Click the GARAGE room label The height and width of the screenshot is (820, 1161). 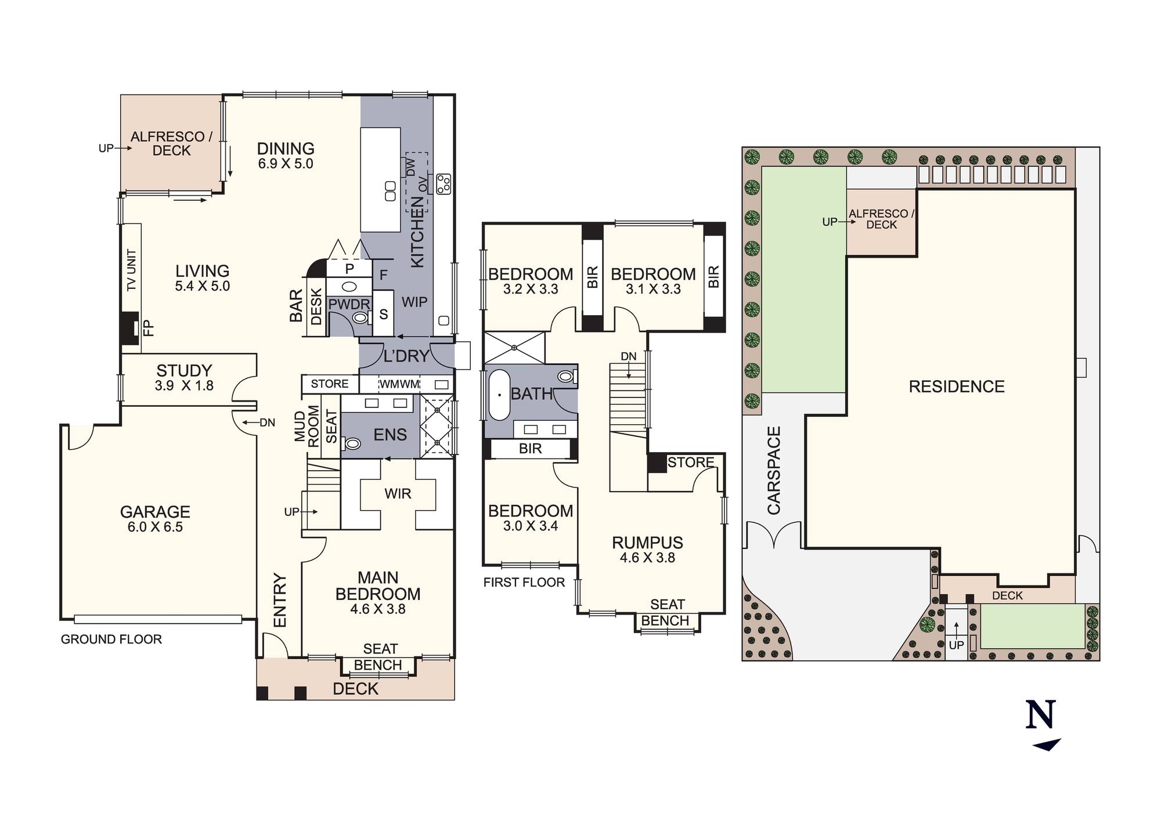point(155,512)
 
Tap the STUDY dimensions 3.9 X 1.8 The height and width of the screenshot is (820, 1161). point(184,386)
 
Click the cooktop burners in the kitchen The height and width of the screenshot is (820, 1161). point(444,184)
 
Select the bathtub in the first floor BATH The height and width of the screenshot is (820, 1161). point(499,395)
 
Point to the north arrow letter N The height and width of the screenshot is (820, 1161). point(1040,715)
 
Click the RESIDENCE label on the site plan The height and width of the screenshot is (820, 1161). point(957,386)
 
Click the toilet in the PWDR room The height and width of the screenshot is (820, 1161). point(361,317)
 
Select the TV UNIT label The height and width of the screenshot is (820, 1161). point(132,270)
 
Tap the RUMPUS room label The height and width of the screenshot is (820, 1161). point(647,543)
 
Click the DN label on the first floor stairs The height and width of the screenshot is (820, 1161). point(628,356)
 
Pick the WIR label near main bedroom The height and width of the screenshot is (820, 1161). point(398,494)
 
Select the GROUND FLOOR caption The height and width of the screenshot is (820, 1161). point(111,640)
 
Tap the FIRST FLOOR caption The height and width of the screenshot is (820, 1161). point(524,583)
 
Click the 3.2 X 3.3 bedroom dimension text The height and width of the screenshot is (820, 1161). point(531,289)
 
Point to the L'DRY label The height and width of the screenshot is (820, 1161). point(406,356)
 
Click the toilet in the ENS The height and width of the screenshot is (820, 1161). point(352,444)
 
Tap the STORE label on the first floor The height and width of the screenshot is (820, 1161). point(690,463)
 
